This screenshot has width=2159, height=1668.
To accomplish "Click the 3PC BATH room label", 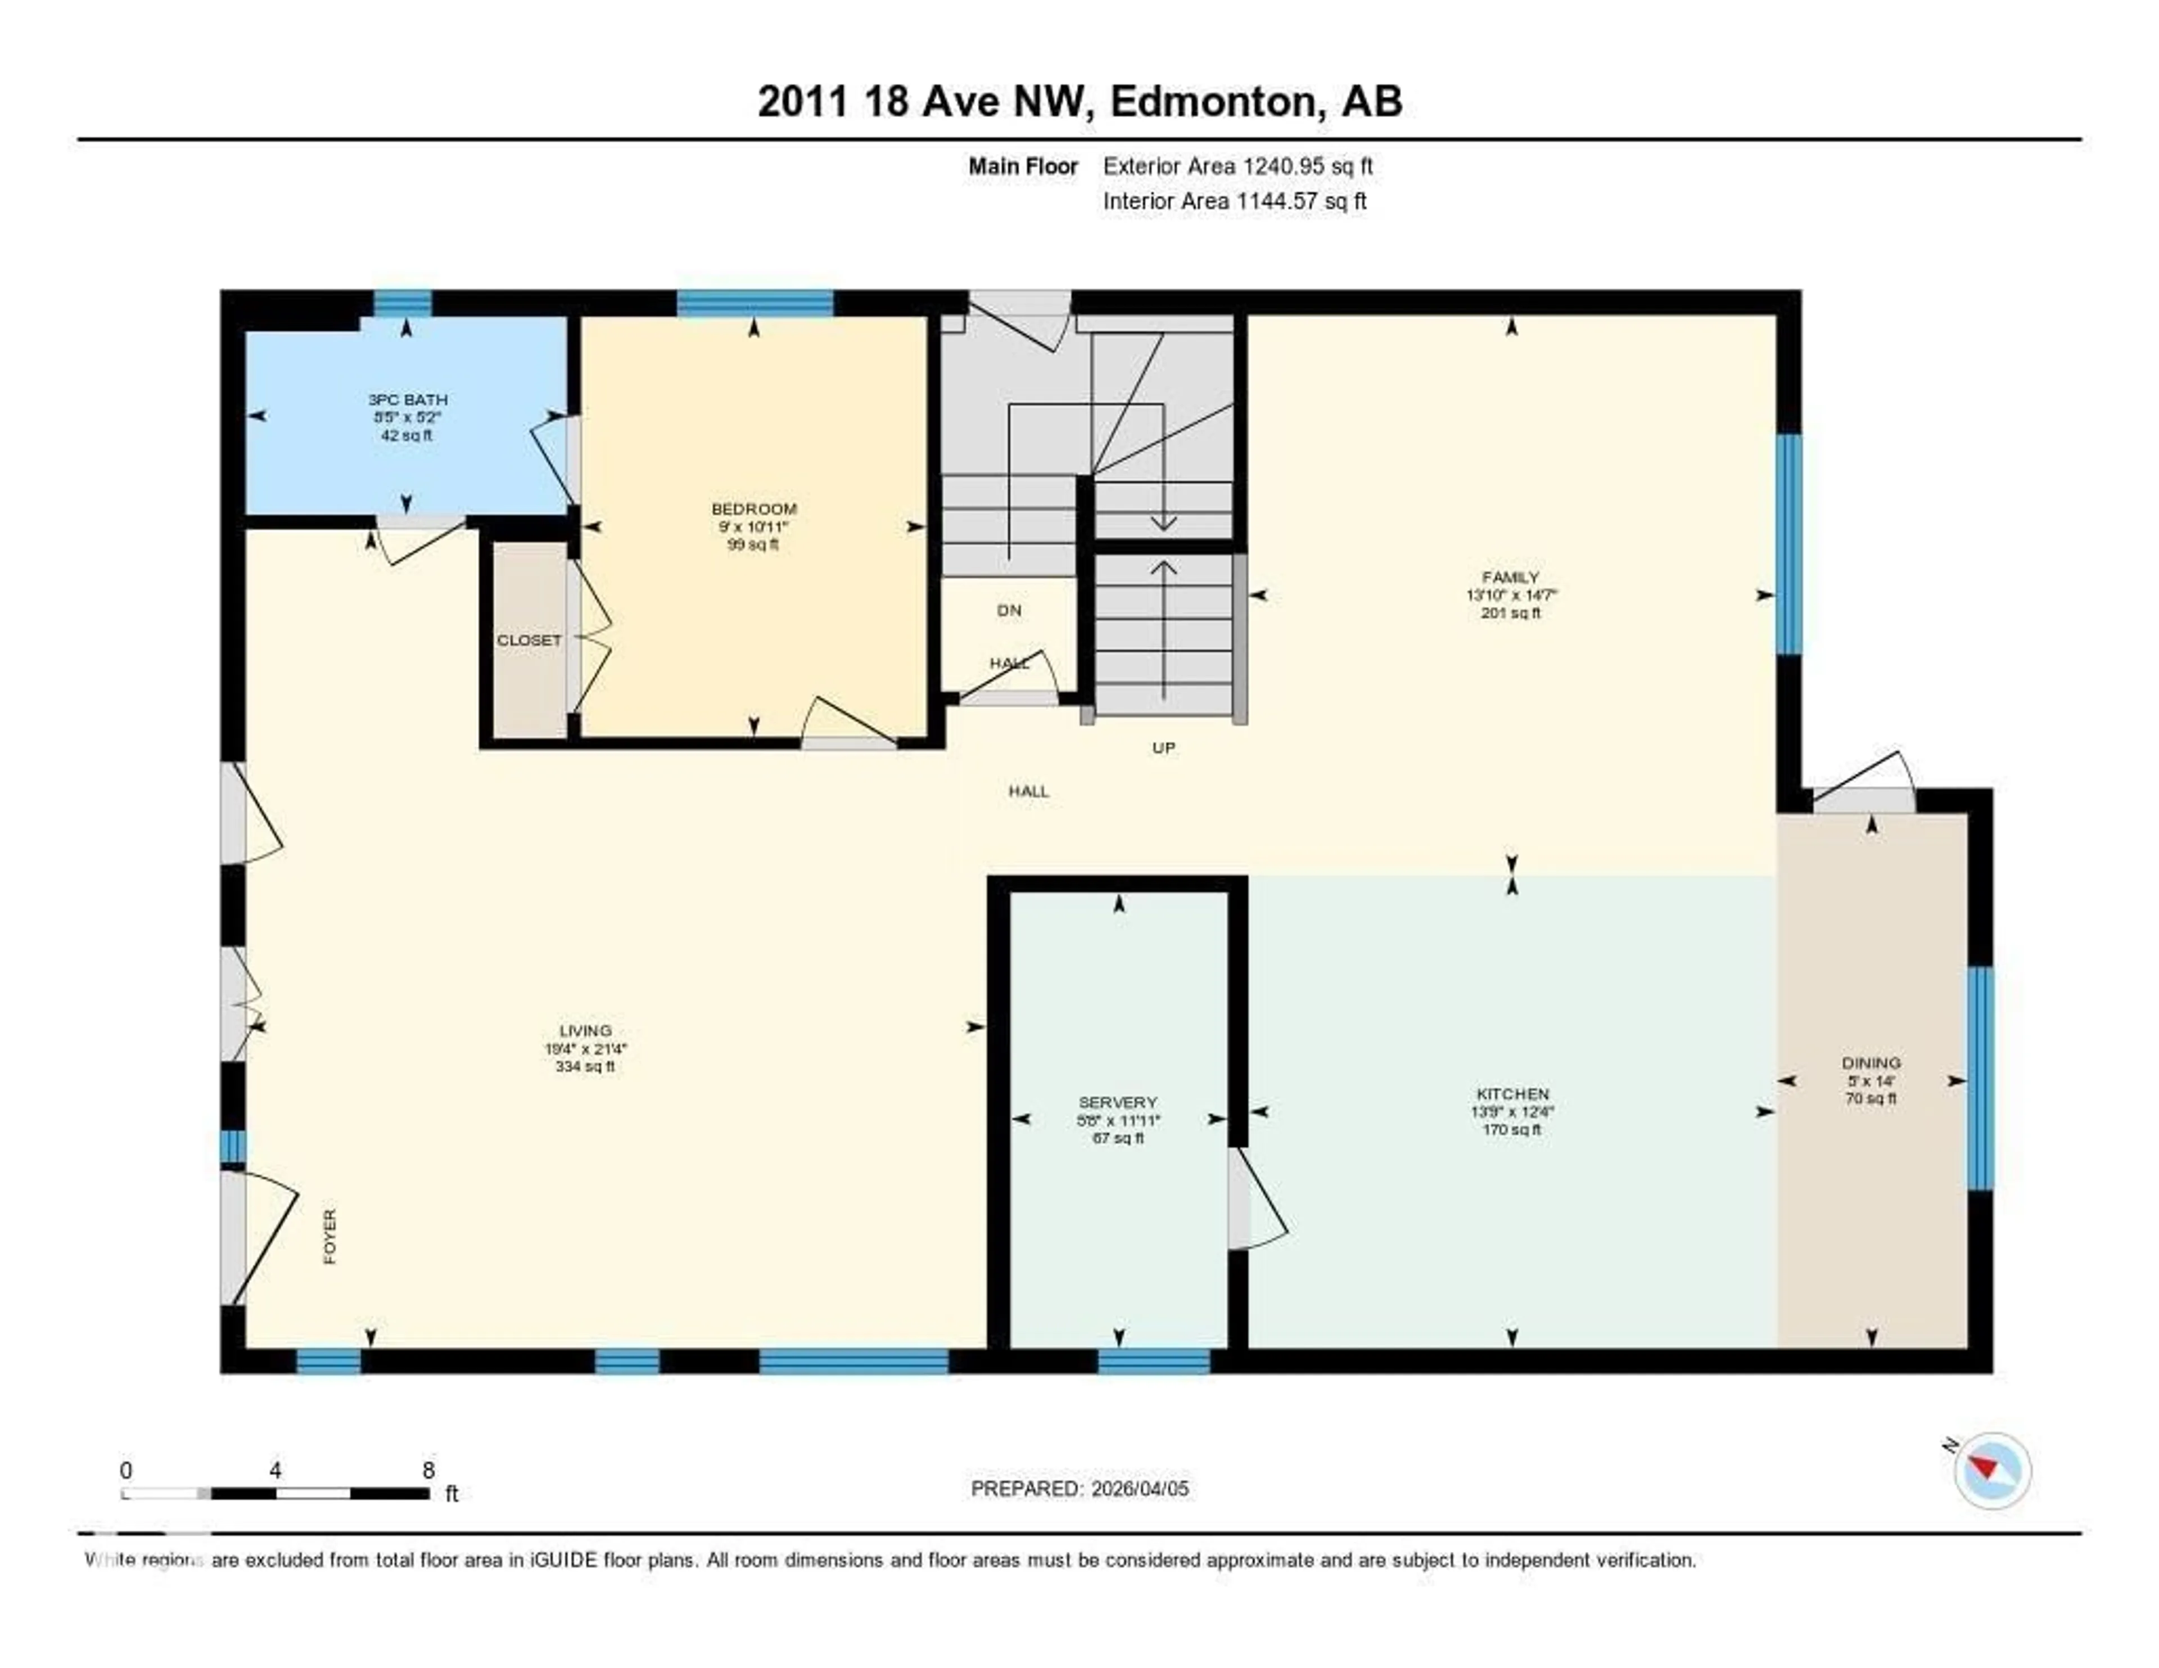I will pos(407,399).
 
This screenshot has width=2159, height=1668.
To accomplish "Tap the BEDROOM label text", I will pos(753,509).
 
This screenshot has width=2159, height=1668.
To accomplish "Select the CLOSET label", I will pos(529,641).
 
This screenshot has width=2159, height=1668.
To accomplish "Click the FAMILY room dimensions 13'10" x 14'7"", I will pos(1511,595).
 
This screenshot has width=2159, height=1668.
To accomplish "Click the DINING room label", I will pos(1871,1063).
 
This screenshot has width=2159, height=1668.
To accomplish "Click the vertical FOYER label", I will pos(330,1236).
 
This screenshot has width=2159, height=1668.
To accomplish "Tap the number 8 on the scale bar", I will pos(428,1470).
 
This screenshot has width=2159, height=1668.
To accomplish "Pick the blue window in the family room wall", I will pos(1788,544).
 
